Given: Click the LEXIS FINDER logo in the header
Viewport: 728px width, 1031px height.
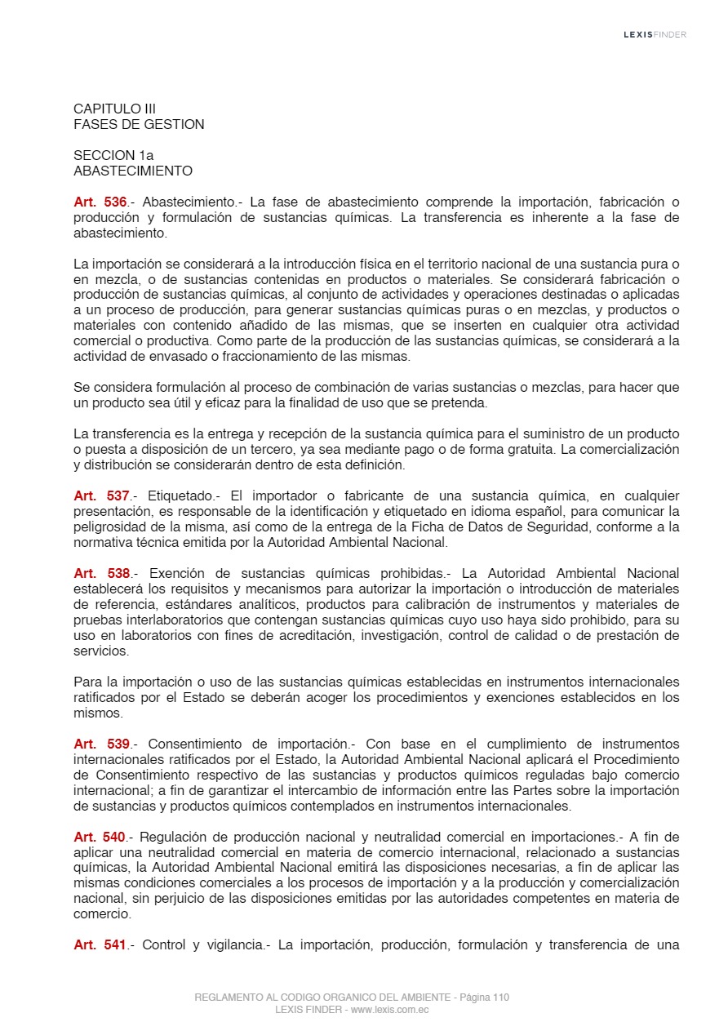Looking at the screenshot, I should [655, 34].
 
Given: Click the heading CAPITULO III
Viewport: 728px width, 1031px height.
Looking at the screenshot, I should [114, 109].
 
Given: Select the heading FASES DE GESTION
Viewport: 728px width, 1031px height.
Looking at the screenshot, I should [139, 124].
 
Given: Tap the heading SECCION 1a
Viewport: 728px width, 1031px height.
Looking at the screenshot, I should [113, 155].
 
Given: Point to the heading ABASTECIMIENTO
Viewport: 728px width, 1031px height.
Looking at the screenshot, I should [133, 171].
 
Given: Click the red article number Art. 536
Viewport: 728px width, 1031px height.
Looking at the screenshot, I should [100, 202].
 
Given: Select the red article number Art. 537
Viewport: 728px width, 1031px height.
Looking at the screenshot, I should [101, 496].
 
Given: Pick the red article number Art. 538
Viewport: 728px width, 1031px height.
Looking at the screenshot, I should [102, 573].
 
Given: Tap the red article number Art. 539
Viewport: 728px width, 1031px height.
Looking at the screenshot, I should [102, 744].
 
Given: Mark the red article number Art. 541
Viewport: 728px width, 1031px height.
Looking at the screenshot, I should [100, 945].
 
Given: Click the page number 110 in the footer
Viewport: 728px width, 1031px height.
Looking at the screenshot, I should [501, 997].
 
